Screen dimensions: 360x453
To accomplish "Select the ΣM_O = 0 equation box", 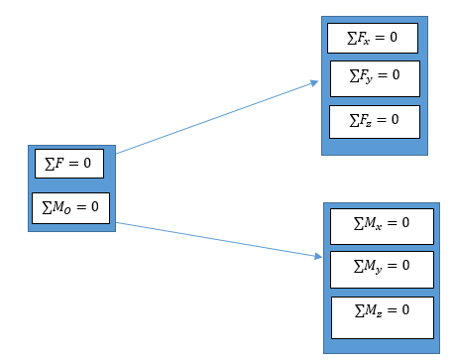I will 70,206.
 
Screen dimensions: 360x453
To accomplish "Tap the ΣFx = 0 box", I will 373,39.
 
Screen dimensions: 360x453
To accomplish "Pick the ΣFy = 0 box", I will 375,77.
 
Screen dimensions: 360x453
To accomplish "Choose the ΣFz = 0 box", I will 375,121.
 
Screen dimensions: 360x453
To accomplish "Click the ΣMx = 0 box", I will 382,225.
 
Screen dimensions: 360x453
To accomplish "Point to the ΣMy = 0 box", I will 382,267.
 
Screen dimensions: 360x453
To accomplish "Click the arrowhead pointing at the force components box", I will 313,83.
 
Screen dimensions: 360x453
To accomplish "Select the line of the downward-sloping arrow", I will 218,240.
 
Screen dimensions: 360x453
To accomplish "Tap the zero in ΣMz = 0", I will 404,310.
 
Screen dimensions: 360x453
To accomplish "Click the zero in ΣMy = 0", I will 404,265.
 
